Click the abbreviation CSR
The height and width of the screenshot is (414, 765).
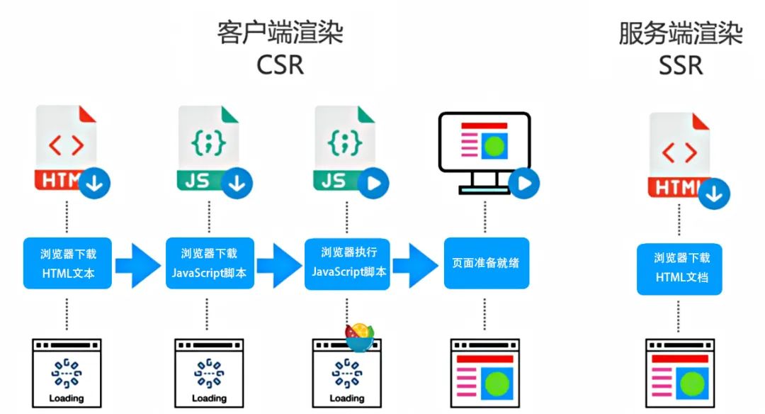pos(280,65)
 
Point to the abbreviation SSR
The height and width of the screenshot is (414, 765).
pos(681,65)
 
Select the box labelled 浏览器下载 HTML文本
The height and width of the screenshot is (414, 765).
pos(68,263)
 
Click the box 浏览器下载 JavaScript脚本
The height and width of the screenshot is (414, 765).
pos(209,263)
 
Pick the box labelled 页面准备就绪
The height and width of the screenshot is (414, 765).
pos(486,263)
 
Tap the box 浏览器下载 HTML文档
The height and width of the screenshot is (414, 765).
pos(681,268)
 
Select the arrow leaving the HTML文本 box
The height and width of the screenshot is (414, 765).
pos(138,264)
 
